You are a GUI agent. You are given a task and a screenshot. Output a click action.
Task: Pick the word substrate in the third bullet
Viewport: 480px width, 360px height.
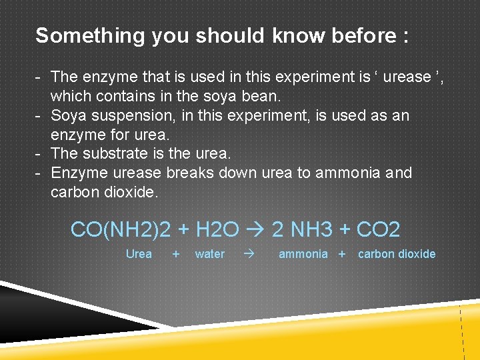point(118,153)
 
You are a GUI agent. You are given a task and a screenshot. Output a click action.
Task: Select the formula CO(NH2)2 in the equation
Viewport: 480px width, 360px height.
point(121,230)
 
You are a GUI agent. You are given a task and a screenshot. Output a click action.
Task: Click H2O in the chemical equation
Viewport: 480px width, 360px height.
point(217,230)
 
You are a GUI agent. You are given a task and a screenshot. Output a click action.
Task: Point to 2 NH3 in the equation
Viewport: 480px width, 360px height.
point(303,230)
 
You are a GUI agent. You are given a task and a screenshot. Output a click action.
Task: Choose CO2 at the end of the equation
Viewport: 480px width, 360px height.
point(378,230)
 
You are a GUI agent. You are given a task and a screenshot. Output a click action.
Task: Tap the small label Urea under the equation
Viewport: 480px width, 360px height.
point(139,254)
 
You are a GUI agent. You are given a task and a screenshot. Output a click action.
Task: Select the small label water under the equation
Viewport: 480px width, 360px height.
point(209,254)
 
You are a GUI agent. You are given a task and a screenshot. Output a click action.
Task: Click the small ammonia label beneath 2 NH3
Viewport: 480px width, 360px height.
point(303,254)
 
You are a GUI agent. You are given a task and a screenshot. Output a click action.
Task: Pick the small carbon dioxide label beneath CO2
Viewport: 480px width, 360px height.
point(397,254)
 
